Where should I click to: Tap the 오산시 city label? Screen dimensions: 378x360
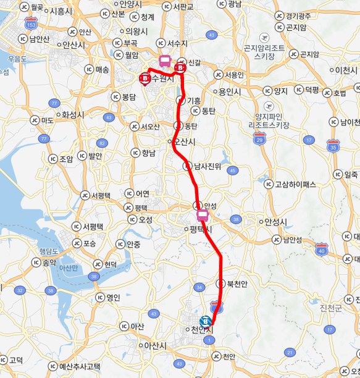[184, 141]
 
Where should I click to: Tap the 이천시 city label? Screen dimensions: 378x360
[350, 70]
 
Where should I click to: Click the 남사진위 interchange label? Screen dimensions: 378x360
[207, 166]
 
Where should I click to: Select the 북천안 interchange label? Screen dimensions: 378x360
[237, 283]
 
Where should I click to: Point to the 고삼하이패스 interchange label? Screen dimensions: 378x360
[295, 183]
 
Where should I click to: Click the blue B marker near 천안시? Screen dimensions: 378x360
[206, 321]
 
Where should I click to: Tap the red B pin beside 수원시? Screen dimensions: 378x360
[144, 78]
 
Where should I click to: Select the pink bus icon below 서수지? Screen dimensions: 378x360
[165, 61]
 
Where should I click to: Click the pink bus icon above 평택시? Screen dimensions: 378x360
[203, 216]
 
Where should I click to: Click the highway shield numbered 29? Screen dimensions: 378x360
[259, 138]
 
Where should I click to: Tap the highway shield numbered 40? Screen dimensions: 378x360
[321, 249]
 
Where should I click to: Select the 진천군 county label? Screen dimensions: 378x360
[331, 307]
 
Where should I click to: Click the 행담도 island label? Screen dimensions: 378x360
[48, 251]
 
